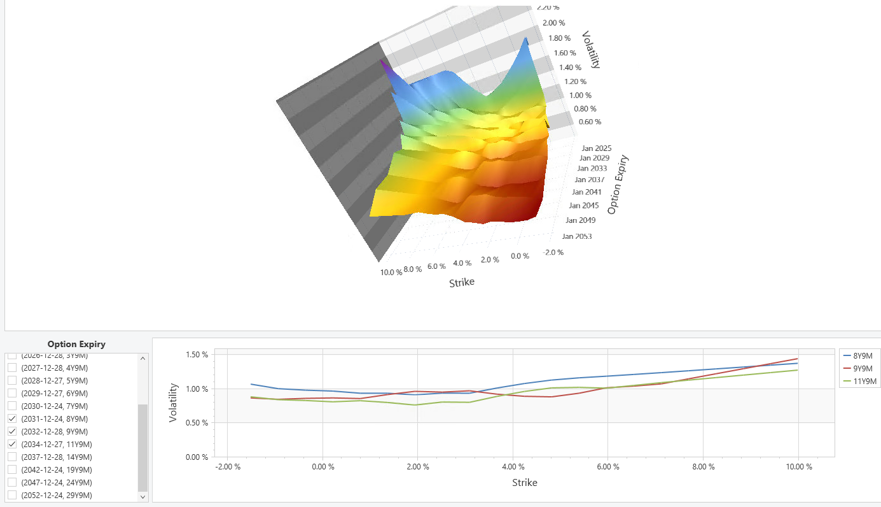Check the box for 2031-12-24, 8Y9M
[x=12, y=418]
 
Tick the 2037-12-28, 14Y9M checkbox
[x=12, y=457]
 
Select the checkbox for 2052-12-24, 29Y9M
[x=12, y=495]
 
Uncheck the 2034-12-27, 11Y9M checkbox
[x=12, y=444]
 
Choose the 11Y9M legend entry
[x=864, y=382]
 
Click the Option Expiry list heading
[x=76, y=344]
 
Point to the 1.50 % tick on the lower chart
[x=196, y=355]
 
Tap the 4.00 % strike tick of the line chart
[x=513, y=467]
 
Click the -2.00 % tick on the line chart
[x=228, y=467]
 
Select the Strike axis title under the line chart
[x=525, y=483]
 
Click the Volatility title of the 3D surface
[x=592, y=50]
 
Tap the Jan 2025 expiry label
[x=596, y=148]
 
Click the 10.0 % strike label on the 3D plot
[x=391, y=272]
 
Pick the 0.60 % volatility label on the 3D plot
[x=590, y=122]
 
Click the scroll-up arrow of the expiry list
[x=142, y=359]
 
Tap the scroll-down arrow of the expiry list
[x=142, y=496]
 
